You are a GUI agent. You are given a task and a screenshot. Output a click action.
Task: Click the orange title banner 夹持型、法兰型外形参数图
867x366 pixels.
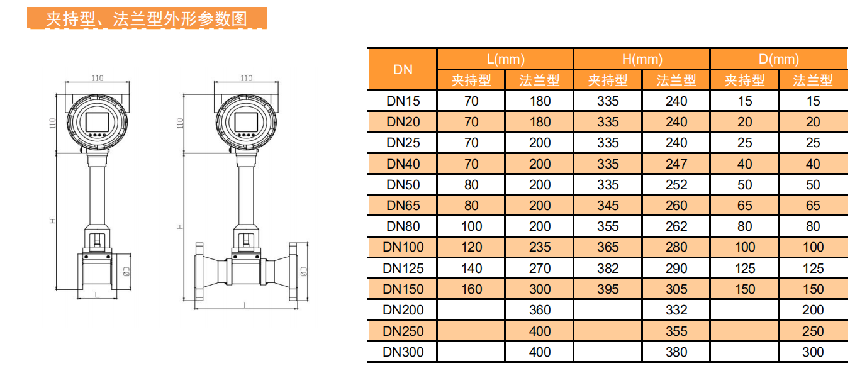point(147,18)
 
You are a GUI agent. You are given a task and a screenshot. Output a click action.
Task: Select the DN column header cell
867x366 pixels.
point(403,70)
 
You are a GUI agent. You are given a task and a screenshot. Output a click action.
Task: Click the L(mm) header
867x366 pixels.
point(505,59)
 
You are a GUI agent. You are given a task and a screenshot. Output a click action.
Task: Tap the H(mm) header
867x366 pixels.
point(642,59)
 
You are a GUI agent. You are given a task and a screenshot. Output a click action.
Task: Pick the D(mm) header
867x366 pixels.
point(779,59)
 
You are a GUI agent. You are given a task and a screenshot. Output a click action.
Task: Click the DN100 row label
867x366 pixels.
point(403,247)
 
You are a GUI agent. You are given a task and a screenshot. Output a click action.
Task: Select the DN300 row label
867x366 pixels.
point(403,352)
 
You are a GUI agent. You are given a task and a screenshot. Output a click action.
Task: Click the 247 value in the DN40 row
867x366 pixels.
point(676,164)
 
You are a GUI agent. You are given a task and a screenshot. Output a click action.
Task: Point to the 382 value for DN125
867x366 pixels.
point(608,268)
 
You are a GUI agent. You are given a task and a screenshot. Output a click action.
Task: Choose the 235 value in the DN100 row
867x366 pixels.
point(540,247)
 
